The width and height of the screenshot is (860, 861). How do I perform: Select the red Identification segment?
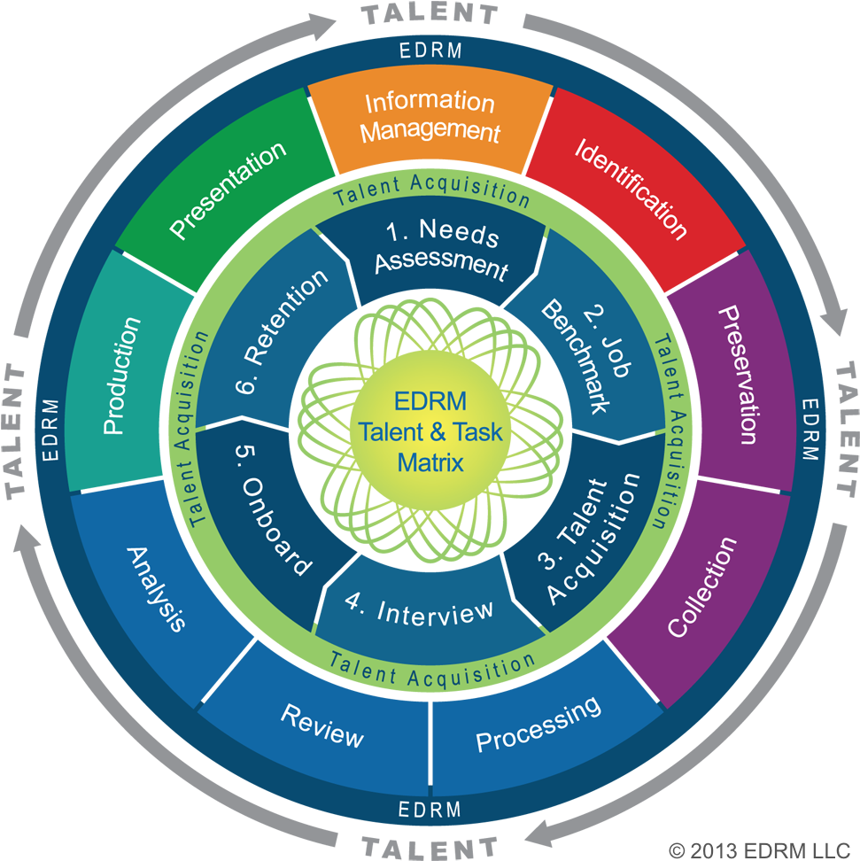(631, 187)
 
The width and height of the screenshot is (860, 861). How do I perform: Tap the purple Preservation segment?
(735, 374)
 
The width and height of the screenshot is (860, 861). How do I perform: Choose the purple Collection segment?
(701, 587)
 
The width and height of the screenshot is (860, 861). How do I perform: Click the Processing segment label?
(538, 723)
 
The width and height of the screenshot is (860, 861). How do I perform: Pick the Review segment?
(322, 725)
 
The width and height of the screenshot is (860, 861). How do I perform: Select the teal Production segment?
(122, 375)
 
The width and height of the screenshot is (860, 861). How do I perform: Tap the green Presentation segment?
(229, 189)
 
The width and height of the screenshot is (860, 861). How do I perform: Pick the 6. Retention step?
(273, 332)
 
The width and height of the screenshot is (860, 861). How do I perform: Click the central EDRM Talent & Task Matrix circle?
(430, 431)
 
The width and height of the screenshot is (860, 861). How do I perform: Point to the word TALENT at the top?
(430, 14)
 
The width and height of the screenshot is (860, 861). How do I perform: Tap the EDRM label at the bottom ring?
(430, 809)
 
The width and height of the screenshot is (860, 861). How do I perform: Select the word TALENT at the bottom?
(430, 847)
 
